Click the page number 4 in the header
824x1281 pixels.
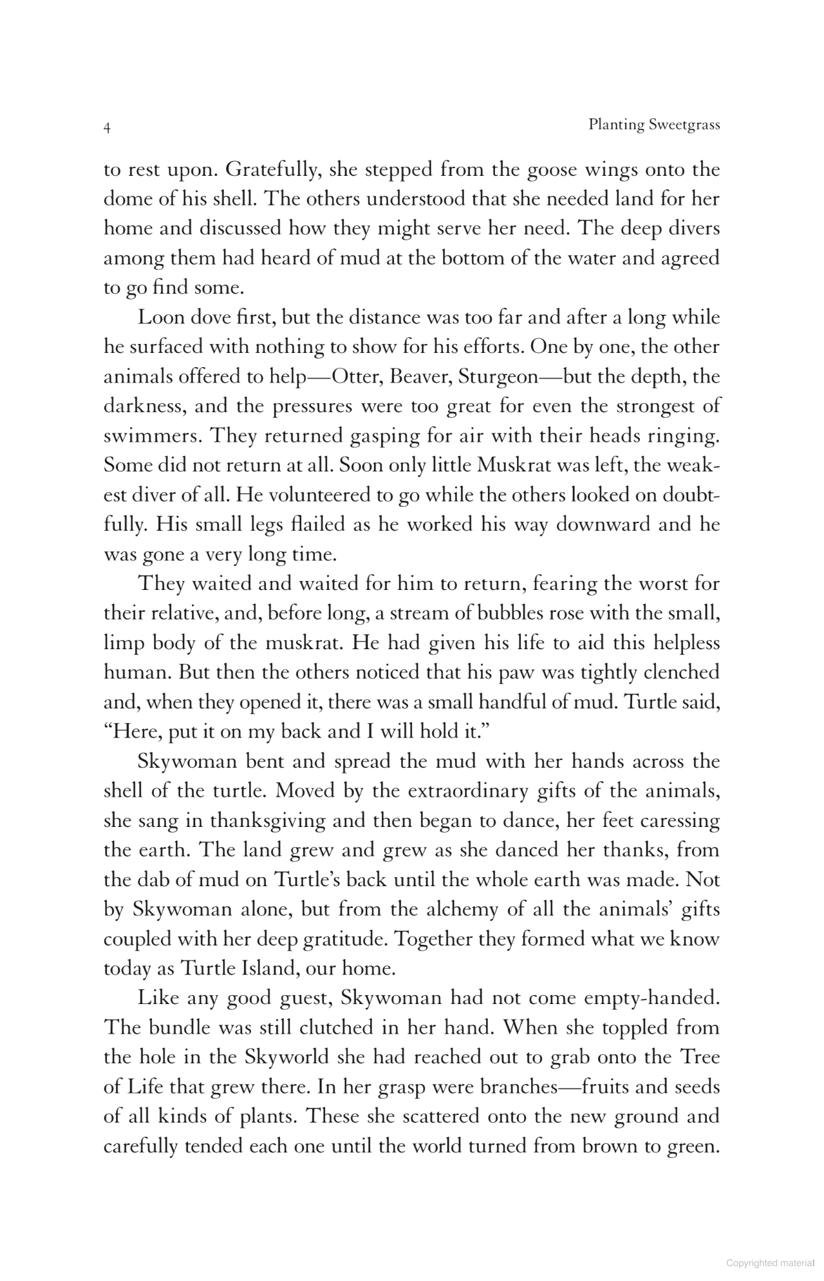click(108, 128)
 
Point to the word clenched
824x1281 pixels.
click(680, 672)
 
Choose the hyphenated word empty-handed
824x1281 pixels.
click(650, 998)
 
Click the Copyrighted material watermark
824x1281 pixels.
click(770, 1264)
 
